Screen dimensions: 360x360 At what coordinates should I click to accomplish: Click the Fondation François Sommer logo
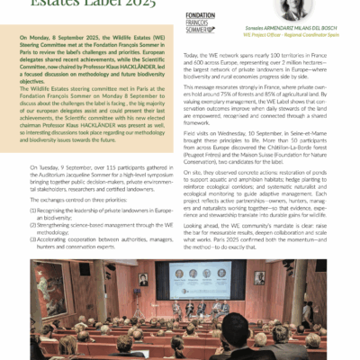point(203,21)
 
